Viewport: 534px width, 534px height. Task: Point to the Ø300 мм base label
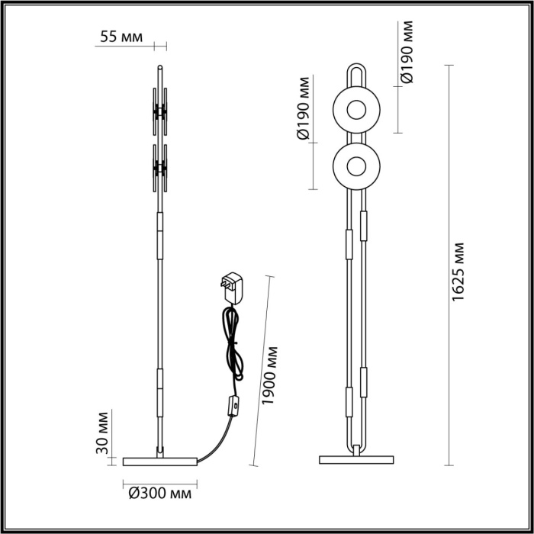click(160, 494)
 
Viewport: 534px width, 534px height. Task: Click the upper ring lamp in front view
click(355, 108)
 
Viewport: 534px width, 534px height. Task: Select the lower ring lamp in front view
click(355, 164)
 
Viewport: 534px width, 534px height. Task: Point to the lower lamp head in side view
click(160, 166)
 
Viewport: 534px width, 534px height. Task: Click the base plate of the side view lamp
click(160, 460)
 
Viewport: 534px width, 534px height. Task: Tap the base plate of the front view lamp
click(355, 459)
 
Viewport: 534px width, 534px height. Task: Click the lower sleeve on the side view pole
click(160, 388)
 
